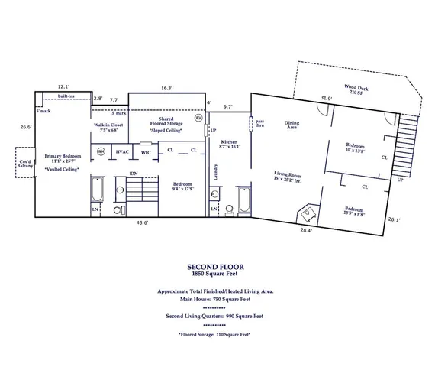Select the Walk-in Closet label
(x=108, y=127)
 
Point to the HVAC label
(x=122, y=152)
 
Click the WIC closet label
(x=146, y=152)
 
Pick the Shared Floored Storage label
(x=166, y=122)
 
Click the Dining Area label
(x=292, y=124)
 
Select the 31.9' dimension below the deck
(x=326, y=98)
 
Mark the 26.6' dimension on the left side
(x=25, y=127)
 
